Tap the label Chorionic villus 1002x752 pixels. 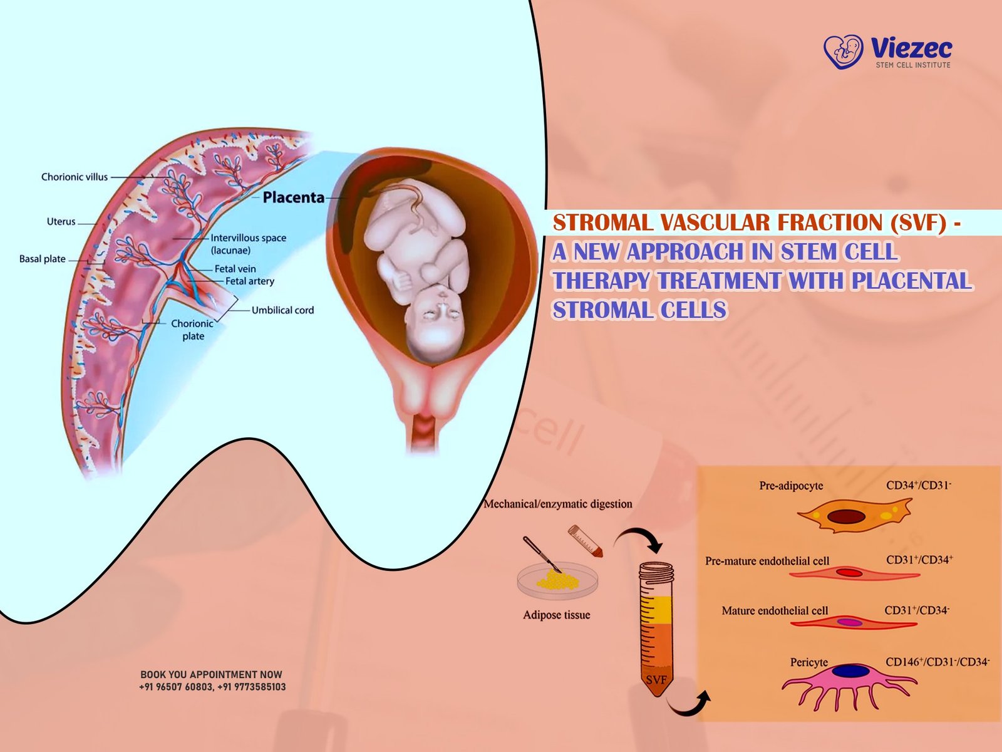pyautogui.click(x=75, y=177)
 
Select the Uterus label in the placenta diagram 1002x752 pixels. pyautogui.click(x=61, y=222)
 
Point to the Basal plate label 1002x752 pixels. pyautogui.click(x=42, y=259)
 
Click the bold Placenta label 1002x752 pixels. pyautogui.click(x=293, y=197)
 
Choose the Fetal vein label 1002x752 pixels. pyautogui.click(x=235, y=269)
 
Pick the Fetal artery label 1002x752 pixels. pyautogui.click(x=249, y=281)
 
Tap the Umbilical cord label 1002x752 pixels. pyautogui.click(x=282, y=310)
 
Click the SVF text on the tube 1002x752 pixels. pyautogui.click(x=656, y=680)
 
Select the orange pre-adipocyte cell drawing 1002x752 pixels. pyautogui.click(x=853, y=516)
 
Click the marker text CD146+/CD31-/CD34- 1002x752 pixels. pyautogui.click(x=937, y=662)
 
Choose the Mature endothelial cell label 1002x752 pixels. pyautogui.click(x=774, y=610)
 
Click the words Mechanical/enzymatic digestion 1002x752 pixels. pyautogui.click(x=557, y=504)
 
